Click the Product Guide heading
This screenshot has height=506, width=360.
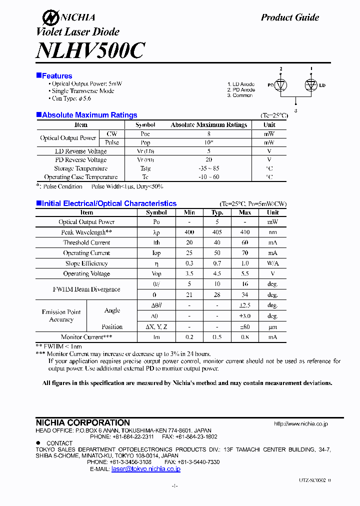click(289, 17)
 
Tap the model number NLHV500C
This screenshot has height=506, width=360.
click(90, 50)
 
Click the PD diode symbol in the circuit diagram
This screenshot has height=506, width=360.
click(281, 85)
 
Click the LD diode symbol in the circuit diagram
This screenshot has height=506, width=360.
click(311, 85)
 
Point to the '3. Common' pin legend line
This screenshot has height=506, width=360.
click(240, 95)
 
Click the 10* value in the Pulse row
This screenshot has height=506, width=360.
click(208, 142)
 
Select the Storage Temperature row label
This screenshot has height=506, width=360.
click(80, 168)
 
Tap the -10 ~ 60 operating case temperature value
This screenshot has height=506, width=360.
click(208, 177)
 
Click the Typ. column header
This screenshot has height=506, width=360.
click(217, 212)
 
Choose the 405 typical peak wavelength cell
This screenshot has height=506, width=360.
click(217, 232)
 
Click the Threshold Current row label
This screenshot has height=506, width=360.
click(86, 242)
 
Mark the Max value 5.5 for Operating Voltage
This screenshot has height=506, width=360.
click(245, 273)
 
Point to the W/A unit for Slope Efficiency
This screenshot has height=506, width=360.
click(272, 263)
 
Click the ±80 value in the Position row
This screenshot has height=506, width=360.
click(245, 327)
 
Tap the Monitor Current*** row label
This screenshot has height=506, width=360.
click(86, 337)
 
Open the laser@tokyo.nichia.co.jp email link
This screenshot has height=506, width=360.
click(145, 469)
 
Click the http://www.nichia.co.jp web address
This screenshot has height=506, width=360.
click(301, 423)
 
